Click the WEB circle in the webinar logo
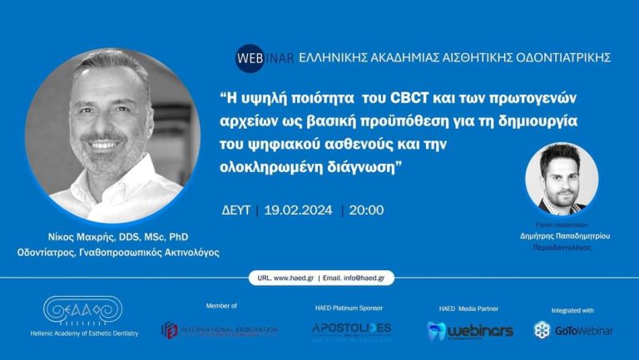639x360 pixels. point(250,57)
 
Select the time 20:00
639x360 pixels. point(366,210)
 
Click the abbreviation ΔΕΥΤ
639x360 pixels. point(238,210)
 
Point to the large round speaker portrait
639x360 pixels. point(112,135)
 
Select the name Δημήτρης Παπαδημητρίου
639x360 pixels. point(562,236)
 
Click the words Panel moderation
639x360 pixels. point(562,224)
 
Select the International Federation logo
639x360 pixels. point(220,330)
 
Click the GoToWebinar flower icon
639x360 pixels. point(542,330)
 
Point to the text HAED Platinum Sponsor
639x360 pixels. point(349,308)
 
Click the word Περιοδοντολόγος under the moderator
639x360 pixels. point(562,248)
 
